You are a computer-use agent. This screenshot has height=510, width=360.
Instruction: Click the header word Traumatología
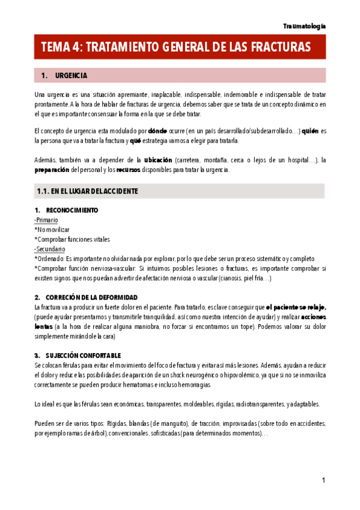[305, 26]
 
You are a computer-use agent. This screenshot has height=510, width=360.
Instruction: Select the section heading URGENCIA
[71, 76]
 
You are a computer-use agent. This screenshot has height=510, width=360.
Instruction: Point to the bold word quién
[309, 130]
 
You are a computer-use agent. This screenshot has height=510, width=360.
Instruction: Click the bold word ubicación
[157, 159]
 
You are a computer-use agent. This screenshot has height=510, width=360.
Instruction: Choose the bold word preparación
[52, 170]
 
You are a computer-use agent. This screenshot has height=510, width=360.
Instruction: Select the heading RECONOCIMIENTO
[72, 210]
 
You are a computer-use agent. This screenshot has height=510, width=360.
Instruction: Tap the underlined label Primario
[47, 220]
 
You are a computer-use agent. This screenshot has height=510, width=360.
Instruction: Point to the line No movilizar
[53, 230]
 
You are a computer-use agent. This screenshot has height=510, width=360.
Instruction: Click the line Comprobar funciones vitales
[73, 239]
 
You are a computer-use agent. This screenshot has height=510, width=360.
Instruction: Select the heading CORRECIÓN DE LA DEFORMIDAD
[91, 298]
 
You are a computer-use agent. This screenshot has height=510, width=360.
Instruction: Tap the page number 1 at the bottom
[323, 480]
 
